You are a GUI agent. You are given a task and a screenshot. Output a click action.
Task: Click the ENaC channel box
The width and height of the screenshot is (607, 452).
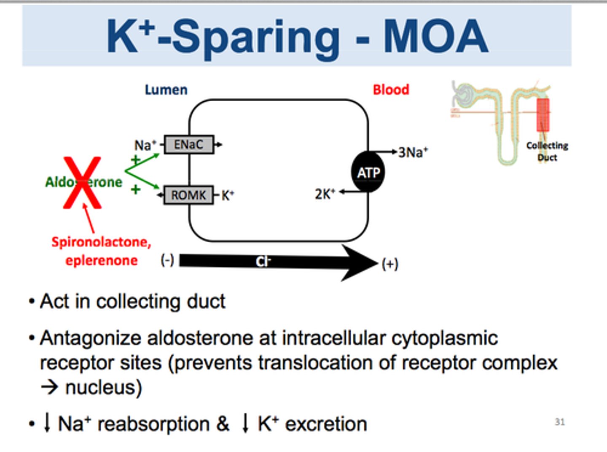pyautogui.click(x=188, y=145)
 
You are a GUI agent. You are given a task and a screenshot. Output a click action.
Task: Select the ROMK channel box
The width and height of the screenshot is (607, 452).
pyautogui.click(x=188, y=195)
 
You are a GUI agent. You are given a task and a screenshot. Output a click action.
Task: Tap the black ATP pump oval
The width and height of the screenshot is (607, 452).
pyautogui.click(x=368, y=172)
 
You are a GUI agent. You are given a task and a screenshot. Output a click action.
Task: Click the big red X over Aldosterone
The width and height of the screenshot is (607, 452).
pyautogui.click(x=83, y=182)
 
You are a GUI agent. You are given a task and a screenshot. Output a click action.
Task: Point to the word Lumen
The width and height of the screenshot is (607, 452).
pyautogui.click(x=166, y=90)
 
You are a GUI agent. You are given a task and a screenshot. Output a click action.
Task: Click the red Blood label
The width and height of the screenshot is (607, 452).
pyautogui.click(x=391, y=89)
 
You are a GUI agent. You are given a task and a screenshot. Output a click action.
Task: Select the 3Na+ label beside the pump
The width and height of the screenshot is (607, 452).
pyautogui.click(x=413, y=152)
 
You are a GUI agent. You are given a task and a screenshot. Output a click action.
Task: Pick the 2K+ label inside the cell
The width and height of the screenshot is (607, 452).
pyautogui.click(x=325, y=194)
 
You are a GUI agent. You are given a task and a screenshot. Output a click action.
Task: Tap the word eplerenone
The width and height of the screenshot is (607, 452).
pyautogui.click(x=101, y=260)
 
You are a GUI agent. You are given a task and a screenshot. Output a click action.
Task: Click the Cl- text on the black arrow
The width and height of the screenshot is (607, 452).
pyautogui.click(x=263, y=262)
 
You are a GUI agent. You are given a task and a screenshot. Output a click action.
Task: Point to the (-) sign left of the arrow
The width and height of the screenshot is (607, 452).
pyautogui.click(x=167, y=260)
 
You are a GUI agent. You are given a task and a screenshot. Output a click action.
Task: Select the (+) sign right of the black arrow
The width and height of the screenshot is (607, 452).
pyautogui.click(x=390, y=264)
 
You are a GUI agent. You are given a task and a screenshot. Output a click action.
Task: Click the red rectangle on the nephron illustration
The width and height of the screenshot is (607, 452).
pyautogui.click(x=543, y=115)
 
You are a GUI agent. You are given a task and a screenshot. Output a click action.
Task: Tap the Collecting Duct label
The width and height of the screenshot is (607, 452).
pyautogui.click(x=547, y=151)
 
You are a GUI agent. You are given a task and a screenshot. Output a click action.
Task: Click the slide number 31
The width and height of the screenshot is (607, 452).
pyautogui.click(x=559, y=422)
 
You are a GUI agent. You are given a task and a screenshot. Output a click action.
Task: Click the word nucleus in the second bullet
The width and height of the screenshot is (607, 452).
pyautogui.click(x=103, y=387)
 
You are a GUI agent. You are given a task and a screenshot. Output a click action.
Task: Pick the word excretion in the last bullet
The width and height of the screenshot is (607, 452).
pyautogui.click(x=326, y=424)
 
